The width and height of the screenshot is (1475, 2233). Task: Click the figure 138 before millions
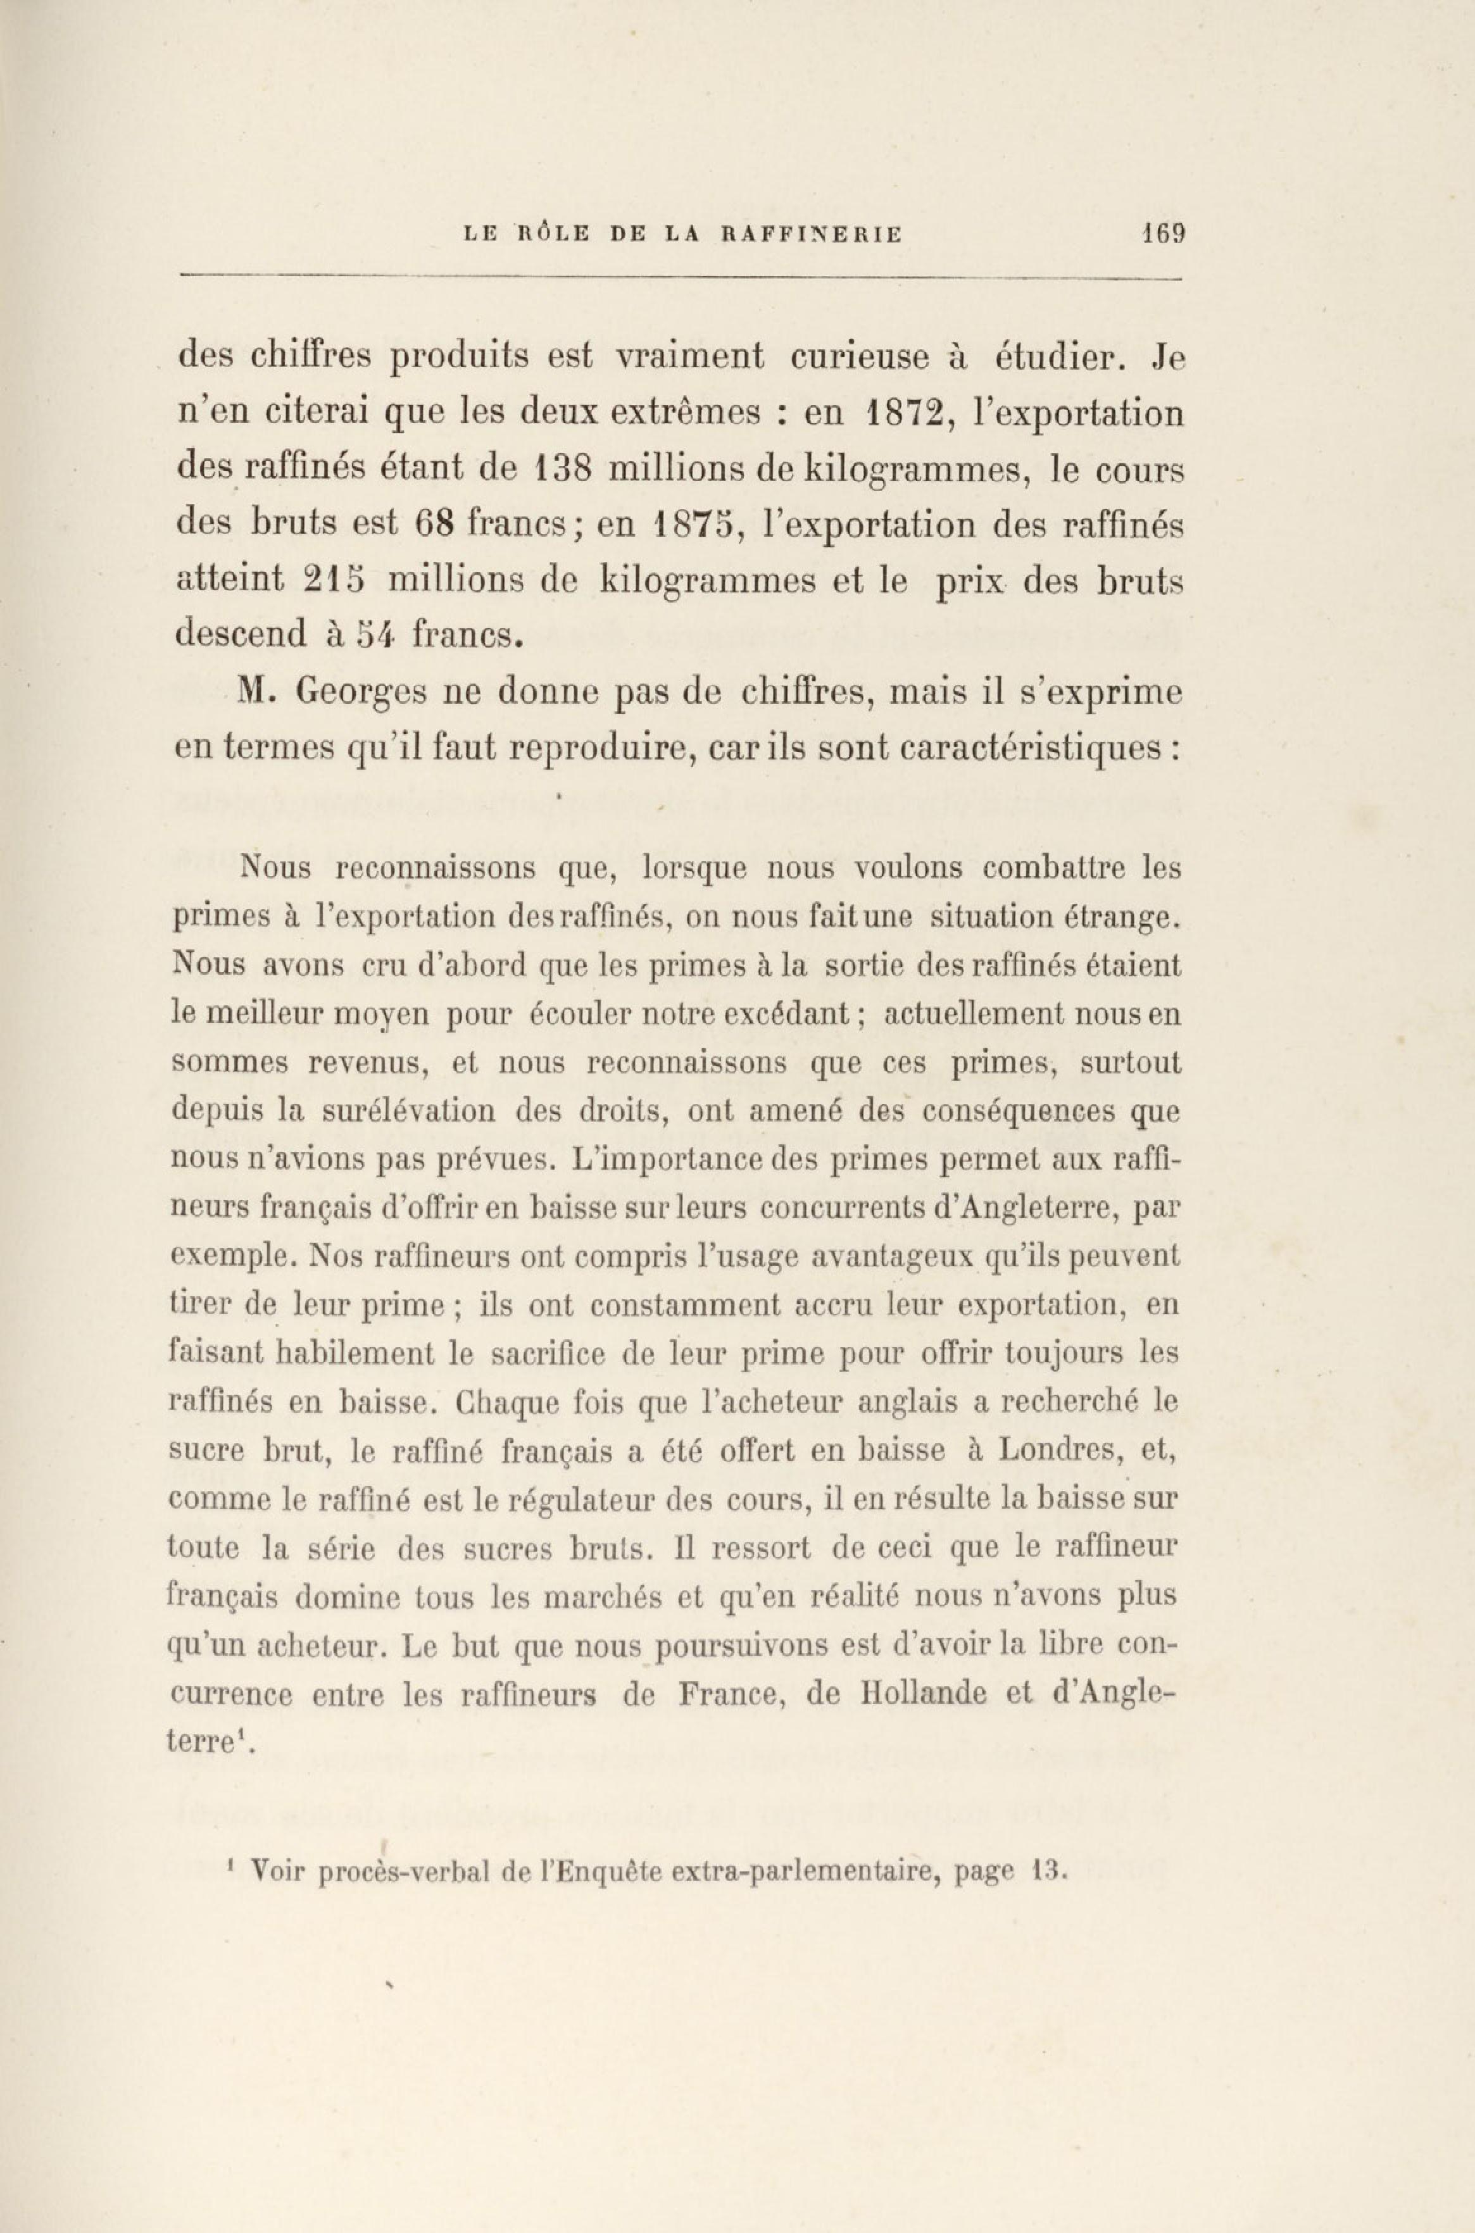coord(562,470)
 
